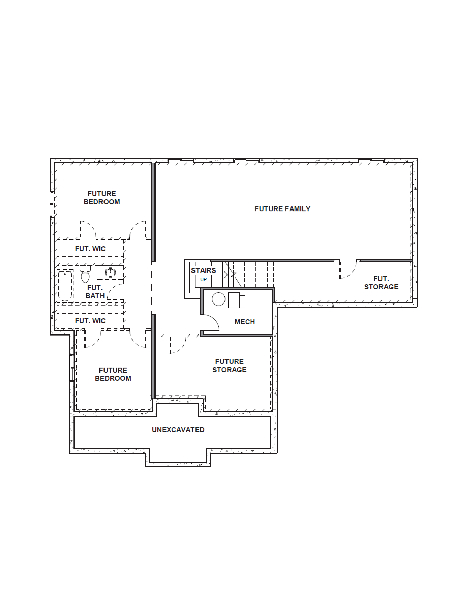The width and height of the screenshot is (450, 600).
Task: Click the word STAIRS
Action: (x=203, y=270)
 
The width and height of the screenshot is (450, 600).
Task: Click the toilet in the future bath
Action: (x=85, y=274)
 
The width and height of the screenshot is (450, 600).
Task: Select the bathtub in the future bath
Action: (x=65, y=286)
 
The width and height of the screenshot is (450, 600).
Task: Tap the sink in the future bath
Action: (x=110, y=272)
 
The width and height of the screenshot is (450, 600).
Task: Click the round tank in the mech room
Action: (x=218, y=299)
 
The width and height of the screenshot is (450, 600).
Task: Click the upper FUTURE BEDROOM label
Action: (x=102, y=198)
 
